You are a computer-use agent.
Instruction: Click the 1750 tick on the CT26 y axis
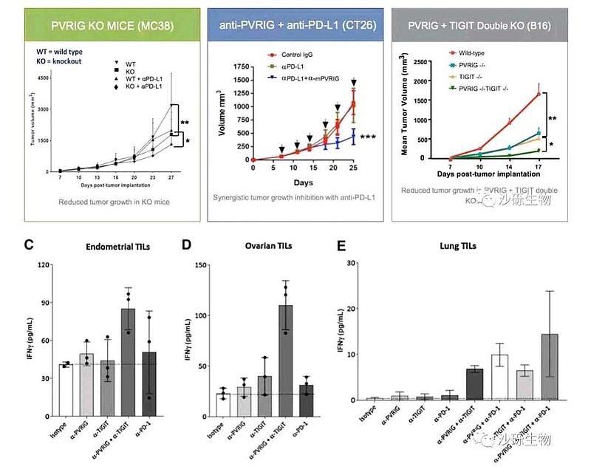(x=241, y=66)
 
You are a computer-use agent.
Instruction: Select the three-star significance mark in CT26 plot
(x=370, y=137)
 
